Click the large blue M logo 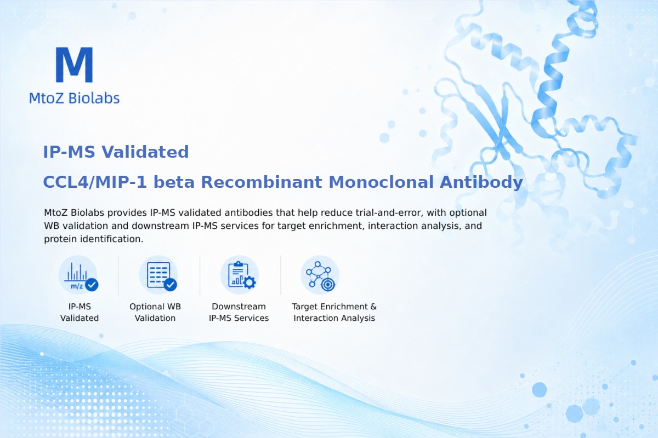click(x=75, y=65)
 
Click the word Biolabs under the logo click(x=94, y=98)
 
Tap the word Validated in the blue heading click(x=145, y=152)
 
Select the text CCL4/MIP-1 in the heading click(x=95, y=182)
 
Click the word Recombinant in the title click(x=262, y=182)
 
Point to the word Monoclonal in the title click(x=381, y=182)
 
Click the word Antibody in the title click(x=481, y=182)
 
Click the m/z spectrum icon click(x=78, y=275)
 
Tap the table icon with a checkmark click(x=158, y=275)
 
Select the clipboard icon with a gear click(x=240, y=275)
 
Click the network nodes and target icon click(x=320, y=275)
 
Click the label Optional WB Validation click(x=155, y=312)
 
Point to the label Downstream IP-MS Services click(x=239, y=312)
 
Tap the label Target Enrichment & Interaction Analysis click(x=334, y=312)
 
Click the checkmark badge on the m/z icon click(x=92, y=285)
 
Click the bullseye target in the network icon click(x=328, y=285)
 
